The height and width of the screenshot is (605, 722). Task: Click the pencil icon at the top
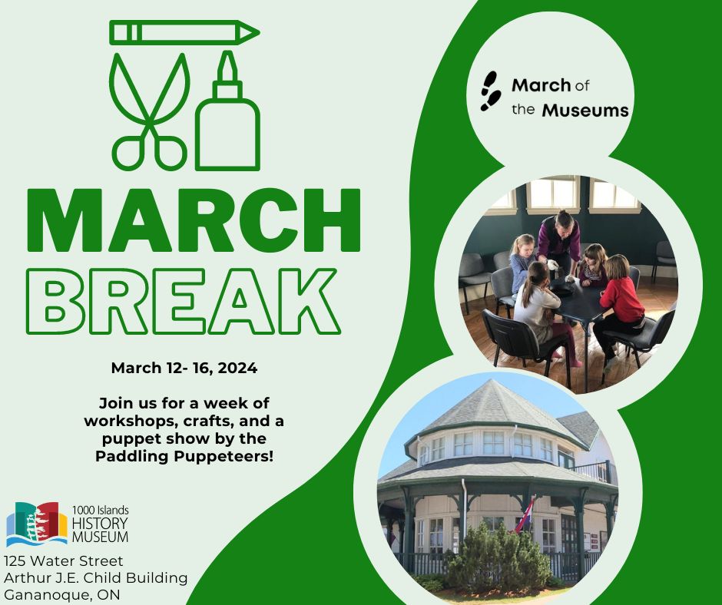184,33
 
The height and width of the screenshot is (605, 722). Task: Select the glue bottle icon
228,115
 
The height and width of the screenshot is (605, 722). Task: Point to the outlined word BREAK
190,300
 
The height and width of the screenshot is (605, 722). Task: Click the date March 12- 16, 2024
184,368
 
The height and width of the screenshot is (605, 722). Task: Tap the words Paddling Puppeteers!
184,456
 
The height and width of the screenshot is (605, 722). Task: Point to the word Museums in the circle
585,111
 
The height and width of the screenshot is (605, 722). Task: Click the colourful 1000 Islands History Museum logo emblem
37,524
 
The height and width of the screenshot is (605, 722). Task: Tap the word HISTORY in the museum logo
100,522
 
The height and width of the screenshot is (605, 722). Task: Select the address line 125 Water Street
64,561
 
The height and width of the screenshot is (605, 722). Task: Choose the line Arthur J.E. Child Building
96,578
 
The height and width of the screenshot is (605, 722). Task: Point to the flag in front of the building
526,514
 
